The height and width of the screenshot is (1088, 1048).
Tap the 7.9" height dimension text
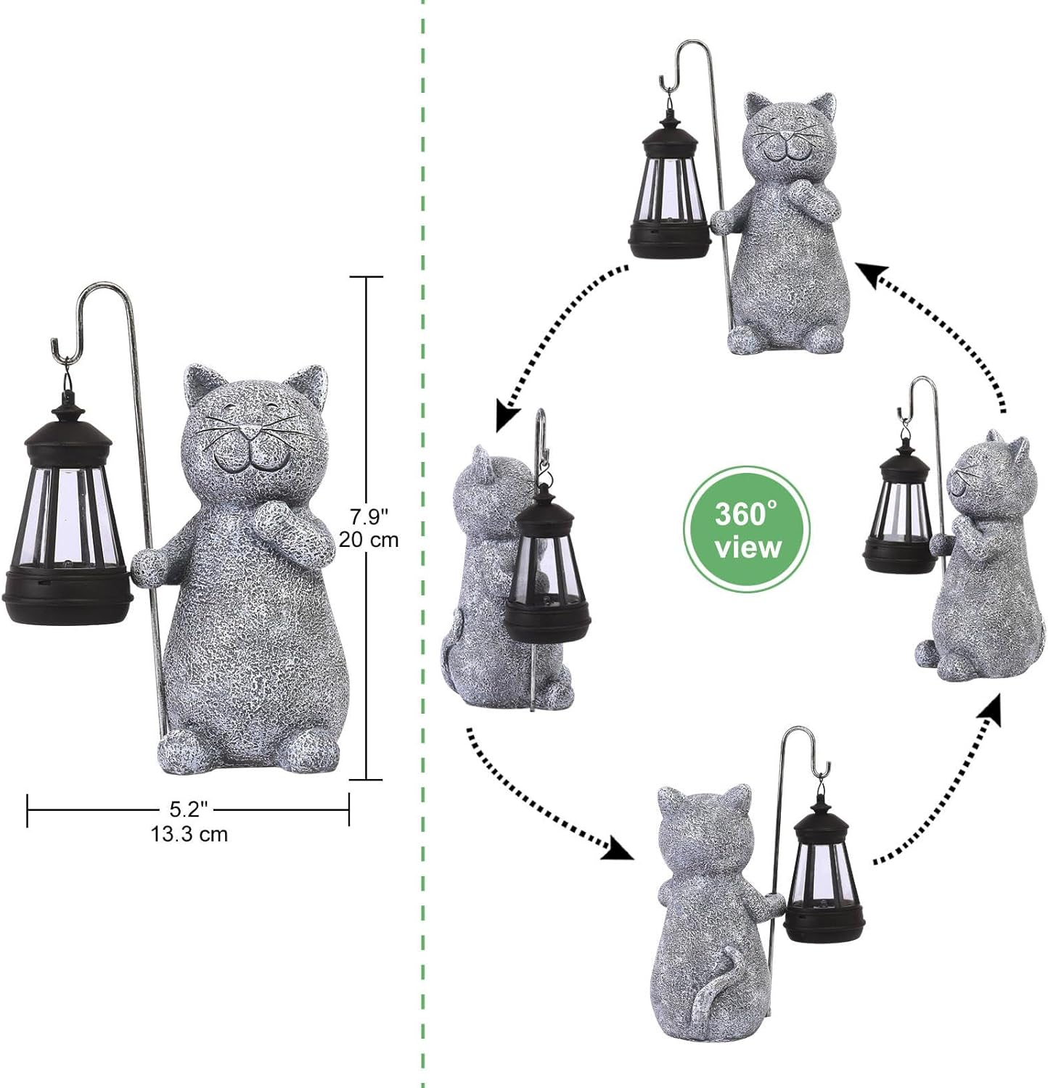369,517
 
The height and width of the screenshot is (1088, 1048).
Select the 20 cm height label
369,540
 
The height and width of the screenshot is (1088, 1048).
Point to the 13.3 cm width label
189,834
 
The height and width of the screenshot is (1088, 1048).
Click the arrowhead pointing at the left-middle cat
507,419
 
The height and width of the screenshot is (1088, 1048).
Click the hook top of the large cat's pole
102,294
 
